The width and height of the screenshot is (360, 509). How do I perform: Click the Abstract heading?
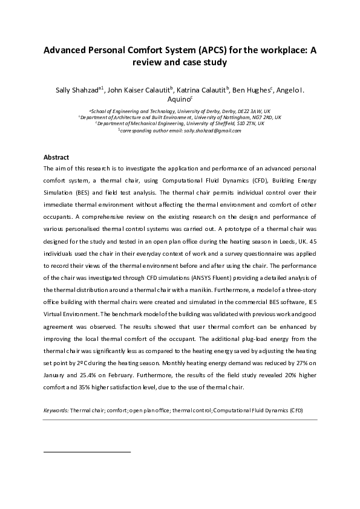(56, 157)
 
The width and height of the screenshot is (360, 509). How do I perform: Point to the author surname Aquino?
(179, 100)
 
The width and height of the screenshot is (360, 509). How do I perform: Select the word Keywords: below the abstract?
(56, 410)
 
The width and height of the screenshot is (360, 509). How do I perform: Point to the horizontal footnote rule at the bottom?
(87, 452)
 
